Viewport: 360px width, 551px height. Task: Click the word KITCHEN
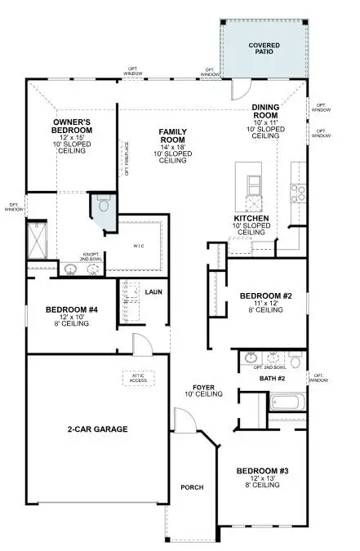coord(251,218)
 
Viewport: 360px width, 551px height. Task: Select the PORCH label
coord(192,487)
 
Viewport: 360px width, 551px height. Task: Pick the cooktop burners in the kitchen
coord(299,193)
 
